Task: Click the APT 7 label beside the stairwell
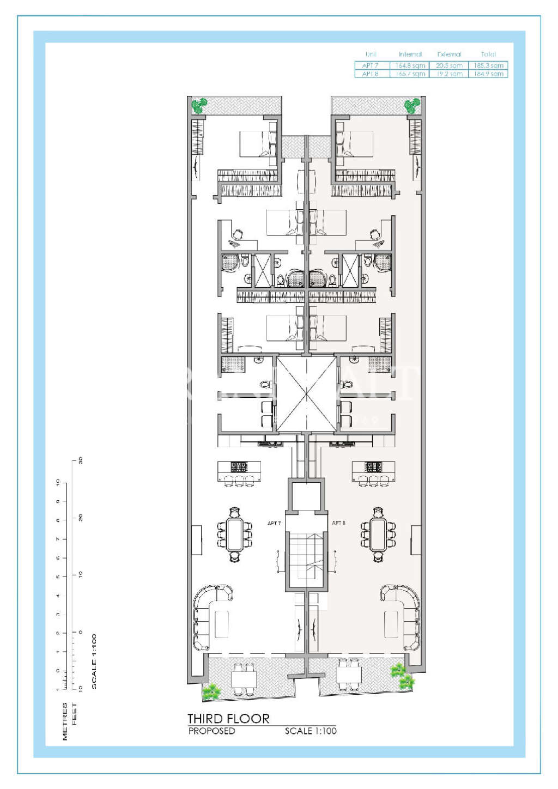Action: click(x=274, y=524)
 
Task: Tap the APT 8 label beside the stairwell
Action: click(x=338, y=523)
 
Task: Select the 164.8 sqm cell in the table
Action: click(x=410, y=65)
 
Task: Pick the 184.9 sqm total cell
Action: click(x=488, y=74)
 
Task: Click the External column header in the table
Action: click(x=449, y=54)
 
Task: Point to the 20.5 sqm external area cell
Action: click(x=449, y=65)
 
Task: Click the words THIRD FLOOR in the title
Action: click(x=228, y=719)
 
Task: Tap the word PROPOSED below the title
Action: click(x=211, y=731)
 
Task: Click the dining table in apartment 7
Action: click(x=235, y=535)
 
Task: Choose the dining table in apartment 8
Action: click(x=378, y=535)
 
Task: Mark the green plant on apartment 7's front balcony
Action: click(x=211, y=691)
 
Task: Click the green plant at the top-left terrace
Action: click(x=199, y=105)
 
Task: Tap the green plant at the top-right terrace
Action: click(x=412, y=105)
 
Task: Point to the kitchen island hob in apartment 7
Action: click(x=239, y=467)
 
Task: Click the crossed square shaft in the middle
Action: click(x=306, y=393)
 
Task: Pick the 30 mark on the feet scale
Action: click(x=81, y=460)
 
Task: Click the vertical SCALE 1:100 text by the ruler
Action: click(x=94, y=661)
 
